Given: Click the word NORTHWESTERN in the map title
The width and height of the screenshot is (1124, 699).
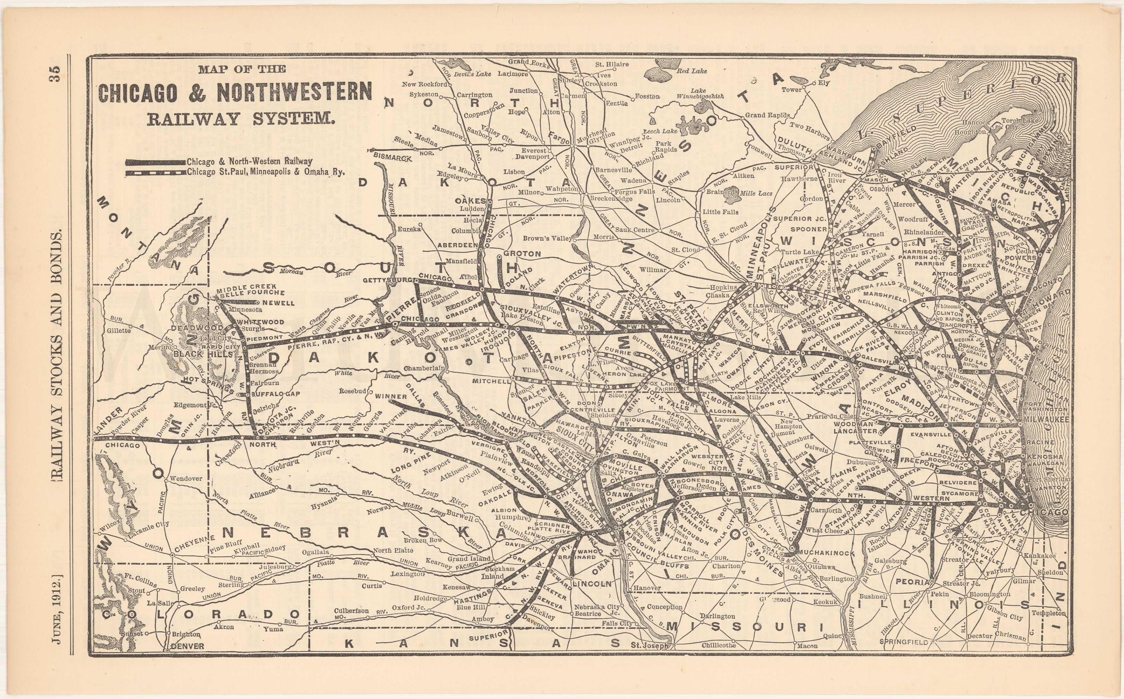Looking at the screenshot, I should [x=294, y=92].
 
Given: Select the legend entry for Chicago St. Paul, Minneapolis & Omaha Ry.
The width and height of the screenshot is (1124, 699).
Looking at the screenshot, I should [x=266, y=172].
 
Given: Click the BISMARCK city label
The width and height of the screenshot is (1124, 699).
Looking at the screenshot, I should [x=392, y=158].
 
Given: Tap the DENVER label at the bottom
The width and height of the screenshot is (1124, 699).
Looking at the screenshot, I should [x=187, y=646].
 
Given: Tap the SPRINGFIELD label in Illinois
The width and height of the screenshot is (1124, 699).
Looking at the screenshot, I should [x=904, y=642].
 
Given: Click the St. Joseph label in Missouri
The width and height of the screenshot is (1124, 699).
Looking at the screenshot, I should [x=650, y=645].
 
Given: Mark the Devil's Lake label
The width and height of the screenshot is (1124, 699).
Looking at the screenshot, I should [x=472, y=74].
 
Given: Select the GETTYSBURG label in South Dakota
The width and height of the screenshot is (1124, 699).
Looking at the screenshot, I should [x=387, y=280].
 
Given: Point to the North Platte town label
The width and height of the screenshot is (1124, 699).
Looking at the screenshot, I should [x=393, y=550].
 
